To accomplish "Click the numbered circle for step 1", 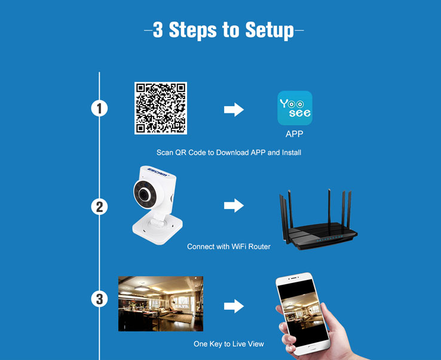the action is tap(99, 108).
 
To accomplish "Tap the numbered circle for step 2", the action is tap(99, 207).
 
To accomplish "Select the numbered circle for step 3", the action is tap(99, 299).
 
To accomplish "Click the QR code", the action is tap(161, 108).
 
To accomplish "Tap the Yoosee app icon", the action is tap(295, 108).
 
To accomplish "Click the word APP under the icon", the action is tap(294, 134).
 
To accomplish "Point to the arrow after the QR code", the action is tap(234, 109).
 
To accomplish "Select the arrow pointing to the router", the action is tap(234, 205).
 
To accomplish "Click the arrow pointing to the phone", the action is tap(234, 306).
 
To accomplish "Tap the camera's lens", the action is tap(144, 194).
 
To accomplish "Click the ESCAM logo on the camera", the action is tap(158, 172).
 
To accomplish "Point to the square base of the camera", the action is tap(158, 228).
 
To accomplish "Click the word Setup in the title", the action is tap(269, 30).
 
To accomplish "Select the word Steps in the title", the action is tap(192, 30).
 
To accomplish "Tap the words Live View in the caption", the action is tap(247, 344).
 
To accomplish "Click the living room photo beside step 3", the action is tap(161, 303).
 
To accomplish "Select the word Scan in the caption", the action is tap(165, 153).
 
